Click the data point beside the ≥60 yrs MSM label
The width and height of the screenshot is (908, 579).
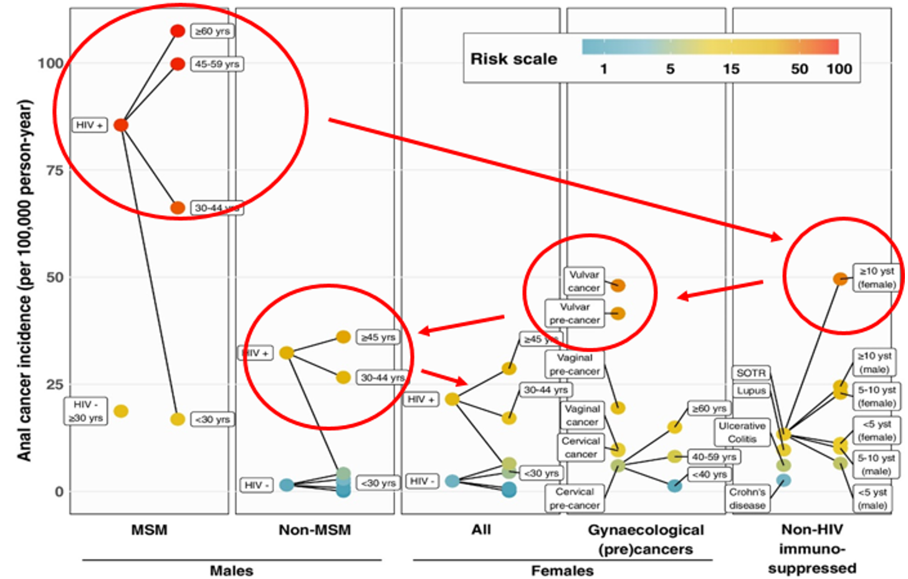point(178,31)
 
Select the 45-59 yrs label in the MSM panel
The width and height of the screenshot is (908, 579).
point(216,64)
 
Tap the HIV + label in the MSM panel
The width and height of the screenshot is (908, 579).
point(89,125)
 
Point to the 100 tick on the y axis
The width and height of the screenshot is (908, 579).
point(50,63)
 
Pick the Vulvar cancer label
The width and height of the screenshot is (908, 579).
point(583,281)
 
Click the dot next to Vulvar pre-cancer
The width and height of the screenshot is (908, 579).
point(618,313)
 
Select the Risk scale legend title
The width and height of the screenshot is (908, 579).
point(514,59)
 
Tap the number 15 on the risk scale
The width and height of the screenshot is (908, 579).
point(731,69)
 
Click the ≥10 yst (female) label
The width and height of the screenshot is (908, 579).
point(876,278)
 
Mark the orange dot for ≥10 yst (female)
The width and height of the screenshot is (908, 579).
point(840,279)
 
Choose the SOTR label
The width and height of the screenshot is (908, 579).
point(750,373)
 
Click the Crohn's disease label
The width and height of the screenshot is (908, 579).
point(747,499)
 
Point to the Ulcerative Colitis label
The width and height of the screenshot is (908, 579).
point(742,432)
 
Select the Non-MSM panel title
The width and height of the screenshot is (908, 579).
point(315,530)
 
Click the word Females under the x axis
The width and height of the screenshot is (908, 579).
point(562,570)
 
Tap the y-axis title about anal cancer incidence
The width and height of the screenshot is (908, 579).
point(24,280)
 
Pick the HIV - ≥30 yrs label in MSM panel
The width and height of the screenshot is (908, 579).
point(85,411)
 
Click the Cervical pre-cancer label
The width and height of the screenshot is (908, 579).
point(574,499)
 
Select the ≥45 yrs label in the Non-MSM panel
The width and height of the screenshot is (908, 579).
point(378,337)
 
